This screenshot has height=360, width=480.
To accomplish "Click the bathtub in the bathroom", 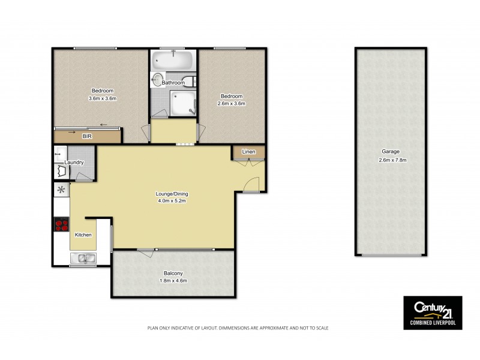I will [172, 60].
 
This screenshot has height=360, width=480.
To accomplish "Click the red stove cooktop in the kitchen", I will [61, 226].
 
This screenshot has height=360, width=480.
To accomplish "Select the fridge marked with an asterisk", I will [61, 190].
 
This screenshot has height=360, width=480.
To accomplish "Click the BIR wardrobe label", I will [88, 137].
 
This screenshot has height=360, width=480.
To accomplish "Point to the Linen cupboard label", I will [248, 152].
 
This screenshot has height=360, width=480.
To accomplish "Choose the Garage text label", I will [390, 152].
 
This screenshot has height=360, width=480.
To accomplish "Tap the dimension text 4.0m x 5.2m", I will [173, 201].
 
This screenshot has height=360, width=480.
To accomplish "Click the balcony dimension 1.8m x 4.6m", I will [173, 280].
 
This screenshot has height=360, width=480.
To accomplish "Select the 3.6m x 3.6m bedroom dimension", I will [101, 98].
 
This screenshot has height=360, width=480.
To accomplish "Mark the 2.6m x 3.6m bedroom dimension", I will [232, 103].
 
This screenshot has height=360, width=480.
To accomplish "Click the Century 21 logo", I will [432, 311].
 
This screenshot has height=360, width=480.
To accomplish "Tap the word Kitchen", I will [83, 235].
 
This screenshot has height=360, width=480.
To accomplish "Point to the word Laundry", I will [74, 163].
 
